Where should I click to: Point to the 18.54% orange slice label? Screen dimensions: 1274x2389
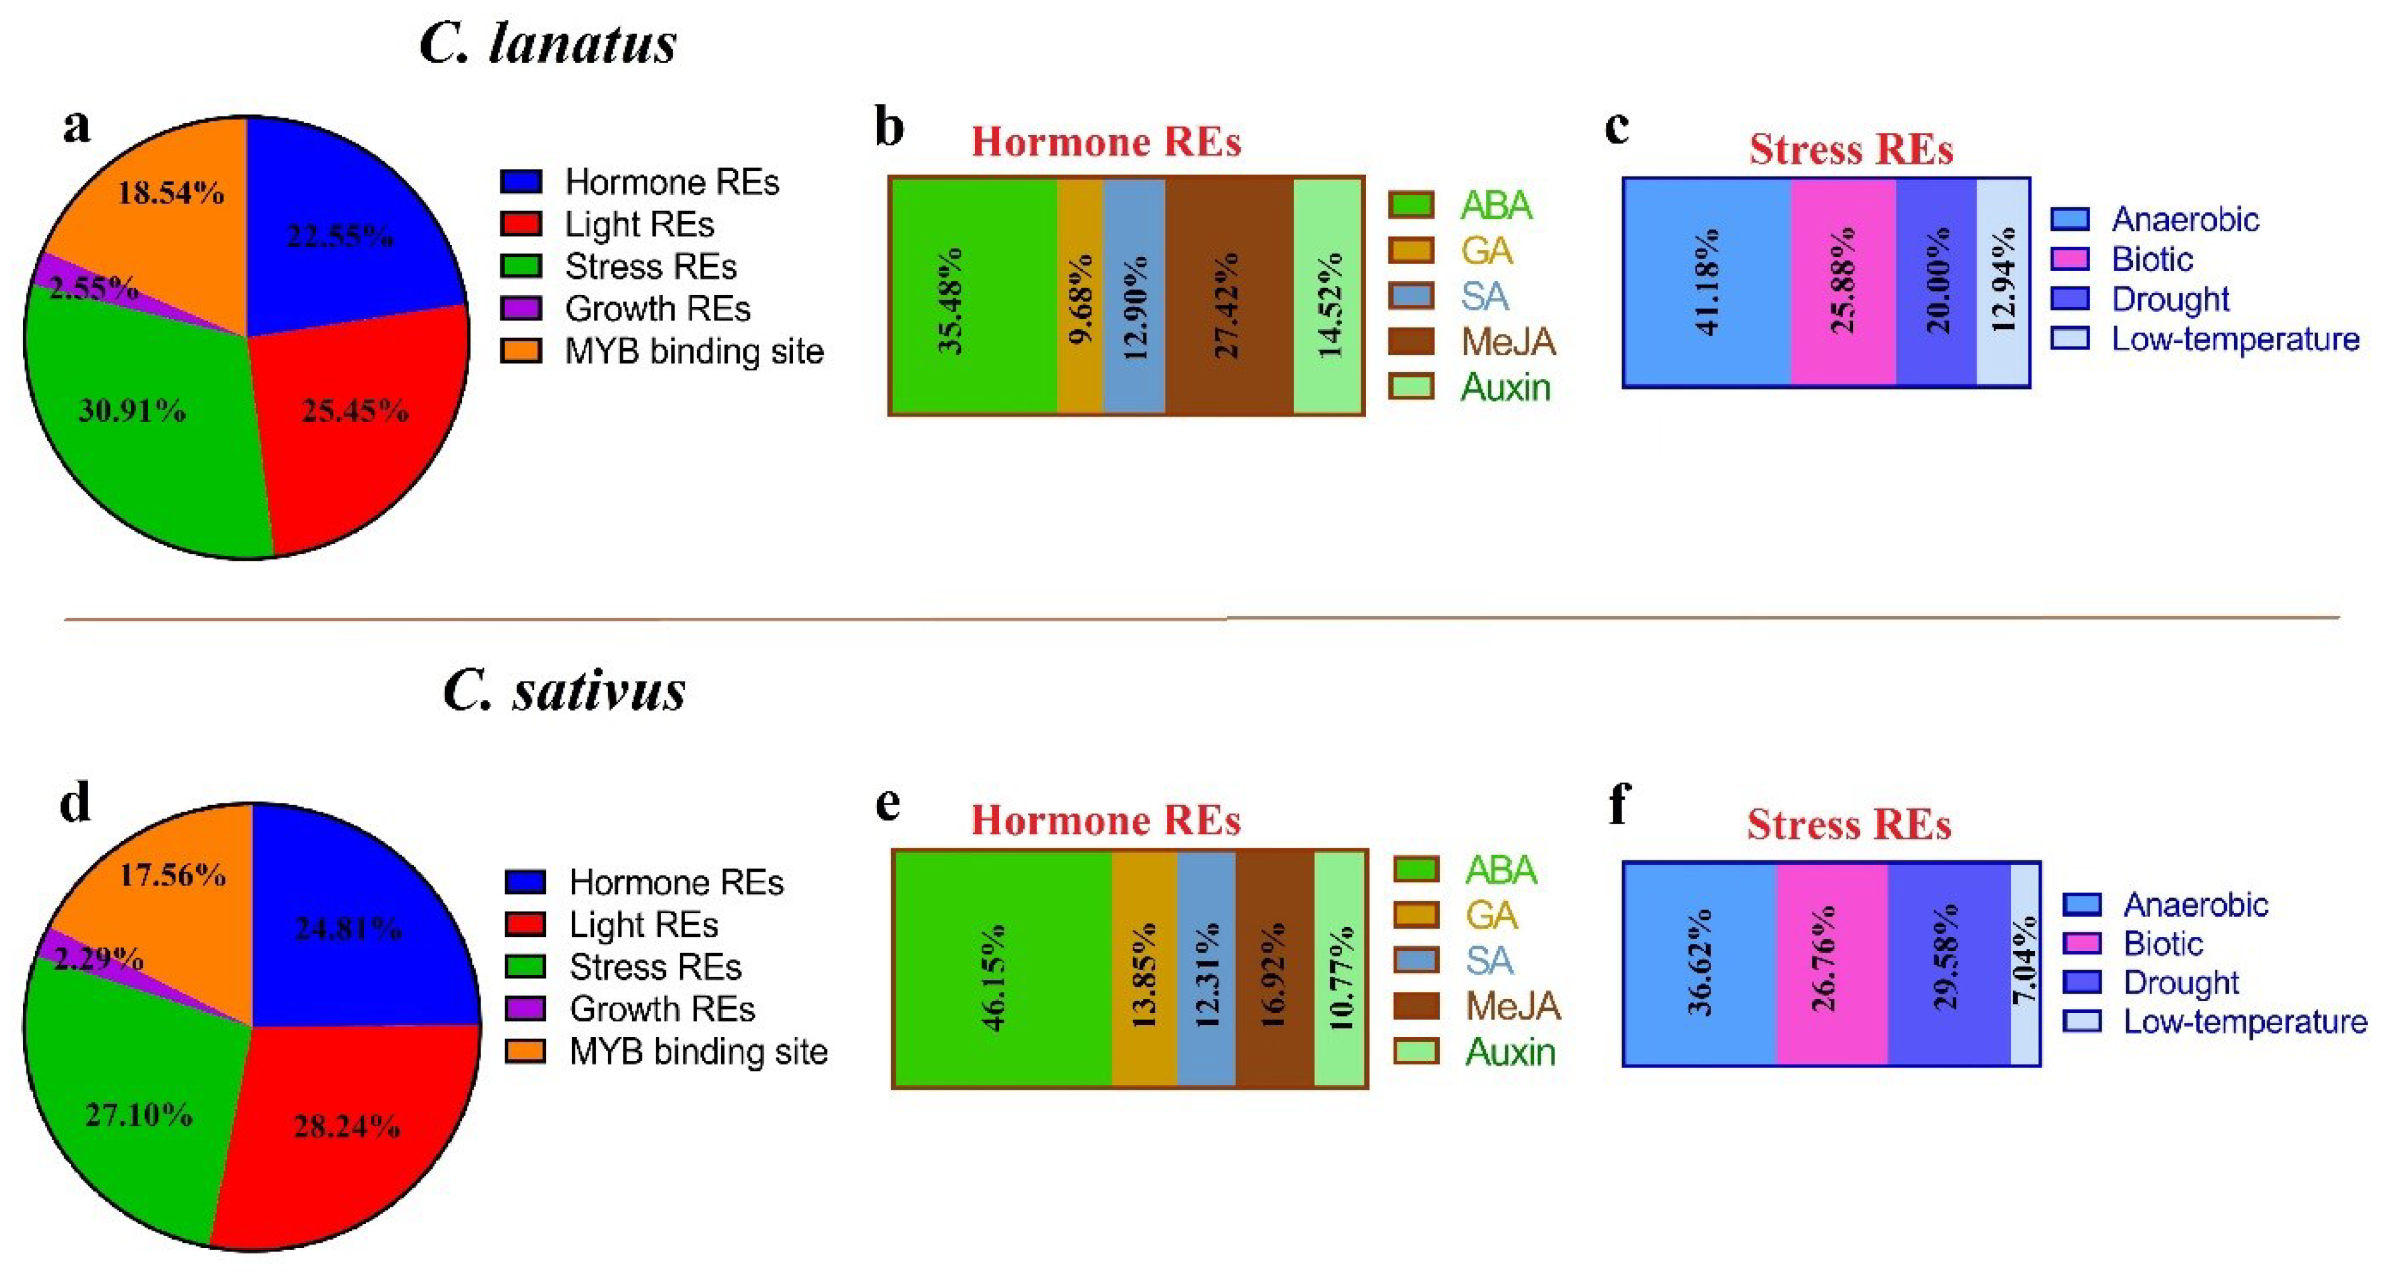point(170,193)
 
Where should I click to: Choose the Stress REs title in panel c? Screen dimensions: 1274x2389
point(1850,150)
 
